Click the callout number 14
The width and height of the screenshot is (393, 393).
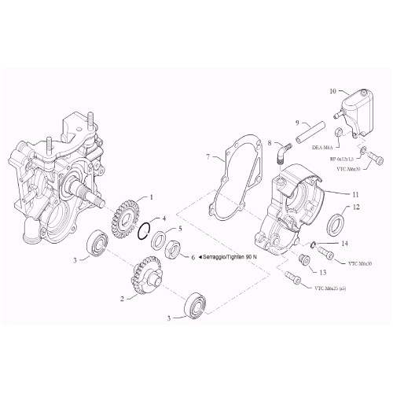pyautogui.click(x=344, y=243)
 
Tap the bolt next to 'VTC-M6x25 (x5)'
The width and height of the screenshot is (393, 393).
pyautogui.click(x=292, y=277)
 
